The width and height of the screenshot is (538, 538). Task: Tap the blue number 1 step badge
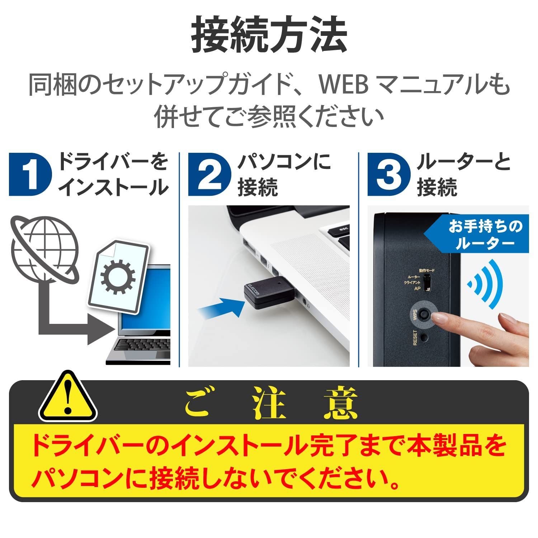(x=30, y=175)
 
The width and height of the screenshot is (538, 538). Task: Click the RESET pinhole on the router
(x=425, y=337)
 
